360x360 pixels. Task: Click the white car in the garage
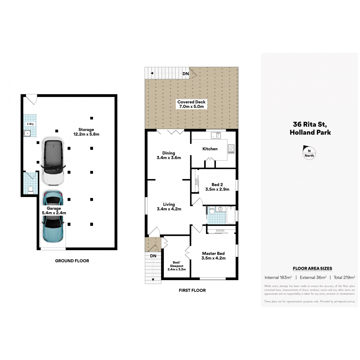click(53, 162)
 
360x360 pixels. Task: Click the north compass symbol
click(309, 152)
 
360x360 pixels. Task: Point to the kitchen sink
click(216, 135)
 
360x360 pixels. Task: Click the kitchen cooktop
click(231, 149)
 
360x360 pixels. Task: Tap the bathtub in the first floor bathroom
click(231, 215)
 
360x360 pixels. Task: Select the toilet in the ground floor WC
click(30, 190)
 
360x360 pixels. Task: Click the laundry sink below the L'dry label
click(27, 133)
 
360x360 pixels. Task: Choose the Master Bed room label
click(213, 253)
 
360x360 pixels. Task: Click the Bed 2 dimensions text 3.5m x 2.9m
click(217, 189)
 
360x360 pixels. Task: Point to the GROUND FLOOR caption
click(72, 261)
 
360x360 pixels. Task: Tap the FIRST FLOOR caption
click(192, 290)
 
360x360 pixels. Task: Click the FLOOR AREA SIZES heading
click(312, 268)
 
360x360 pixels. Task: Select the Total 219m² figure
click(344, 277)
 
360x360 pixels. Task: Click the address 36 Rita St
click(310, 124)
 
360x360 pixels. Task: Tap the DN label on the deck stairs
click(185, 74)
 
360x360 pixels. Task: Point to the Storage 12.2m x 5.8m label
click(86, 132)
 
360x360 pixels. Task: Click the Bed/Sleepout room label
click(176, 264)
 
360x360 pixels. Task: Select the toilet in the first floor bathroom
click(212, 210)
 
